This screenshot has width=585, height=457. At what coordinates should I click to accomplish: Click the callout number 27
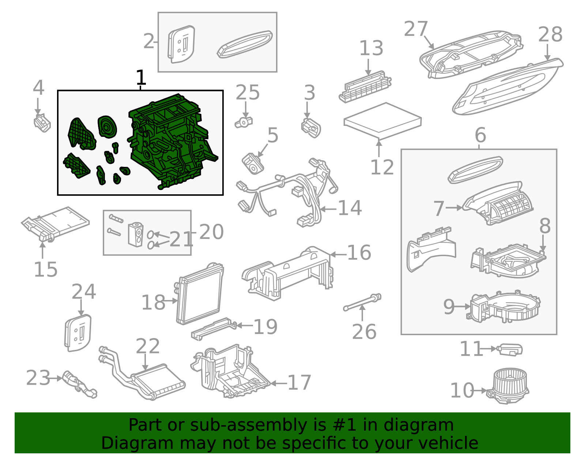point(416,29)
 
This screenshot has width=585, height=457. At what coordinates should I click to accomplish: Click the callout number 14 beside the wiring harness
point(350,208)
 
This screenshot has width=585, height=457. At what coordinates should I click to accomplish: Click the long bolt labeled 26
point(362,302)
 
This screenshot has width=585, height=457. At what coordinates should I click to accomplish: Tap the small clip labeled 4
point(42,123)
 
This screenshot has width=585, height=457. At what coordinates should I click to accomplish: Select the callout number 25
point(248,93)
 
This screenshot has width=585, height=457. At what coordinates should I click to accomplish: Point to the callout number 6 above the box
point(480,135)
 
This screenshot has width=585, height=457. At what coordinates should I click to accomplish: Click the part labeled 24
point(78,333)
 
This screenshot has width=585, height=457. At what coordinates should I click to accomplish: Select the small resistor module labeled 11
point(510,349)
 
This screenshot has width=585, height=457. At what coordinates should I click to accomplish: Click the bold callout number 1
point(141,78)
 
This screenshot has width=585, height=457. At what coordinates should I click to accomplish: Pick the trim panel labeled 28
point(508,88)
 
